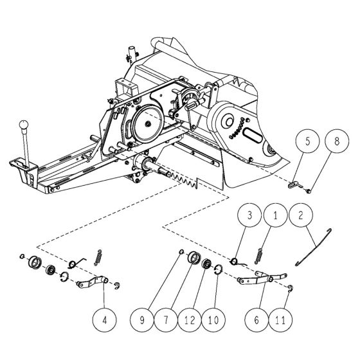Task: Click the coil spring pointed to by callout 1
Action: tap(258, 255)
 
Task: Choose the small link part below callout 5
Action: tap(294, 184)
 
